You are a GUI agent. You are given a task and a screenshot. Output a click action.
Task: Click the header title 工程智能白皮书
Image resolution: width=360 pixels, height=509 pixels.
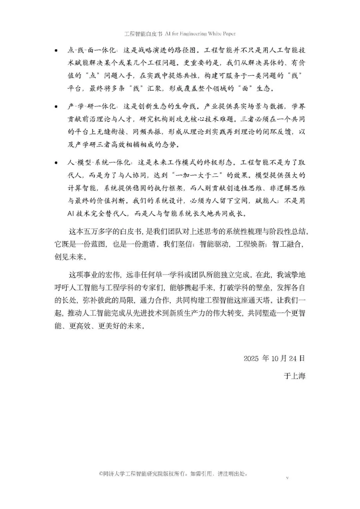(143, 34)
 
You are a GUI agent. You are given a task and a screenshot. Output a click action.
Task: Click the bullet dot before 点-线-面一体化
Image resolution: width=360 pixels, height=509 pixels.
(56, 51)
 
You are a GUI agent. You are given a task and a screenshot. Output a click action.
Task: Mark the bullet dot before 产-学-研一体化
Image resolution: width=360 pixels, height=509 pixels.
(56, 107)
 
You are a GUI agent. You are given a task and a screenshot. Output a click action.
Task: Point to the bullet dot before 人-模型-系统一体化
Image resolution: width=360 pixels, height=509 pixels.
(56, 163)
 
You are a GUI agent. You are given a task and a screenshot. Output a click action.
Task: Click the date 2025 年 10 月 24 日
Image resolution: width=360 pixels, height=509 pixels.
(274, 358)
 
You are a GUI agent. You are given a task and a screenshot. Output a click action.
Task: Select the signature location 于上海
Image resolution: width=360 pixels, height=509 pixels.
(295, 376)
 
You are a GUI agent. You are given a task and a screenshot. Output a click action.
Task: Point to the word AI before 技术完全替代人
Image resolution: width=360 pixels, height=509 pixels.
(70, 213)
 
